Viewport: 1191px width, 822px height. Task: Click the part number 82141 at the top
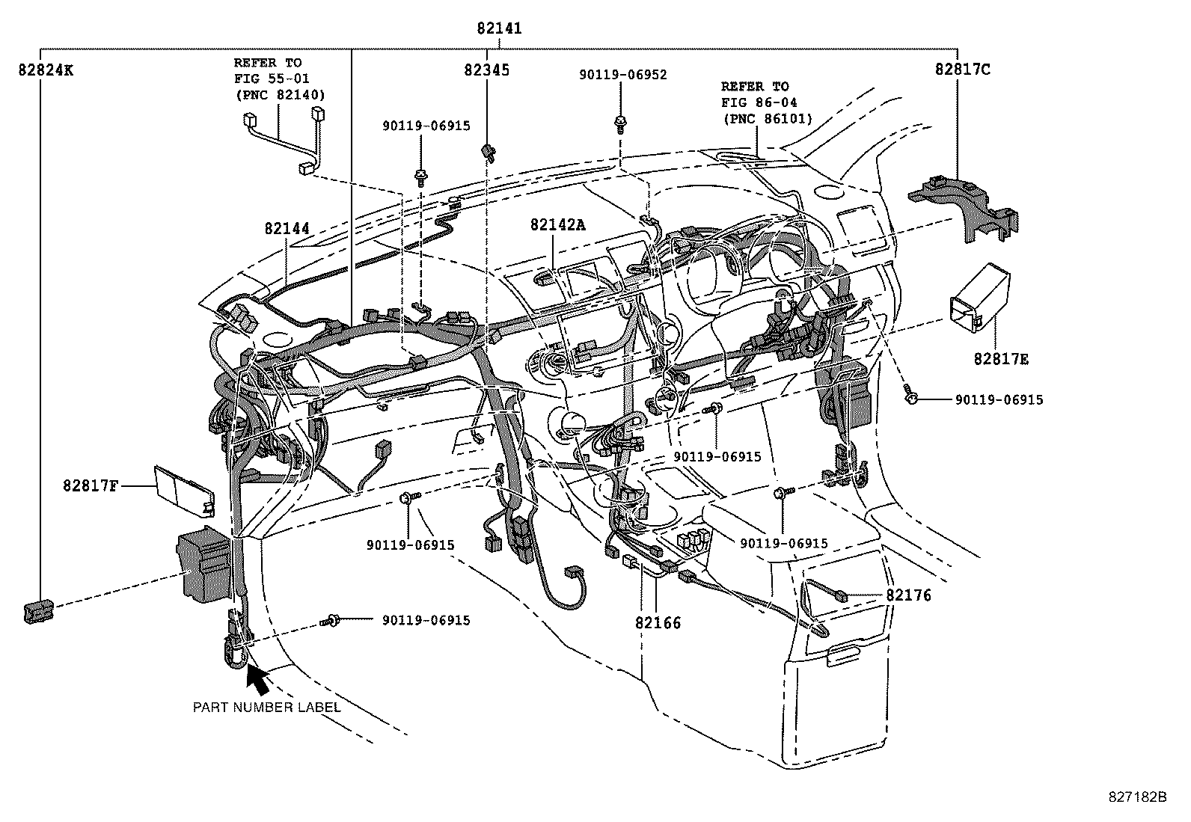click(499, 29)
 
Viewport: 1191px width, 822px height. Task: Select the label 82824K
click(46, 70)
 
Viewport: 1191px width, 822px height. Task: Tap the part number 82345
click(486, 70)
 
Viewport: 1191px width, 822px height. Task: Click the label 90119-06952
click(623, 75)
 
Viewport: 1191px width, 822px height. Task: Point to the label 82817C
click(962, 70)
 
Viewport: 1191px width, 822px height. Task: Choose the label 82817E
click(1001, 360)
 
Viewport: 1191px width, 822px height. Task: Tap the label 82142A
click(557, 224)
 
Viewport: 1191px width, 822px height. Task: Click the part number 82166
click(658, 622)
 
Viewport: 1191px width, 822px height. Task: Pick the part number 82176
click(908, 595)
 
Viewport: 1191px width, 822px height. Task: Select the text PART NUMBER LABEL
click(267, 707)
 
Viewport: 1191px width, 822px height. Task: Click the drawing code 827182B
click(1137, 797)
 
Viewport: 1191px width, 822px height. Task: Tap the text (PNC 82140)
click(280, 95)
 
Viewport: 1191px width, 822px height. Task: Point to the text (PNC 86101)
click(766, 118)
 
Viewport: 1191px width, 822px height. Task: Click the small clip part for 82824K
click(38, 611)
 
